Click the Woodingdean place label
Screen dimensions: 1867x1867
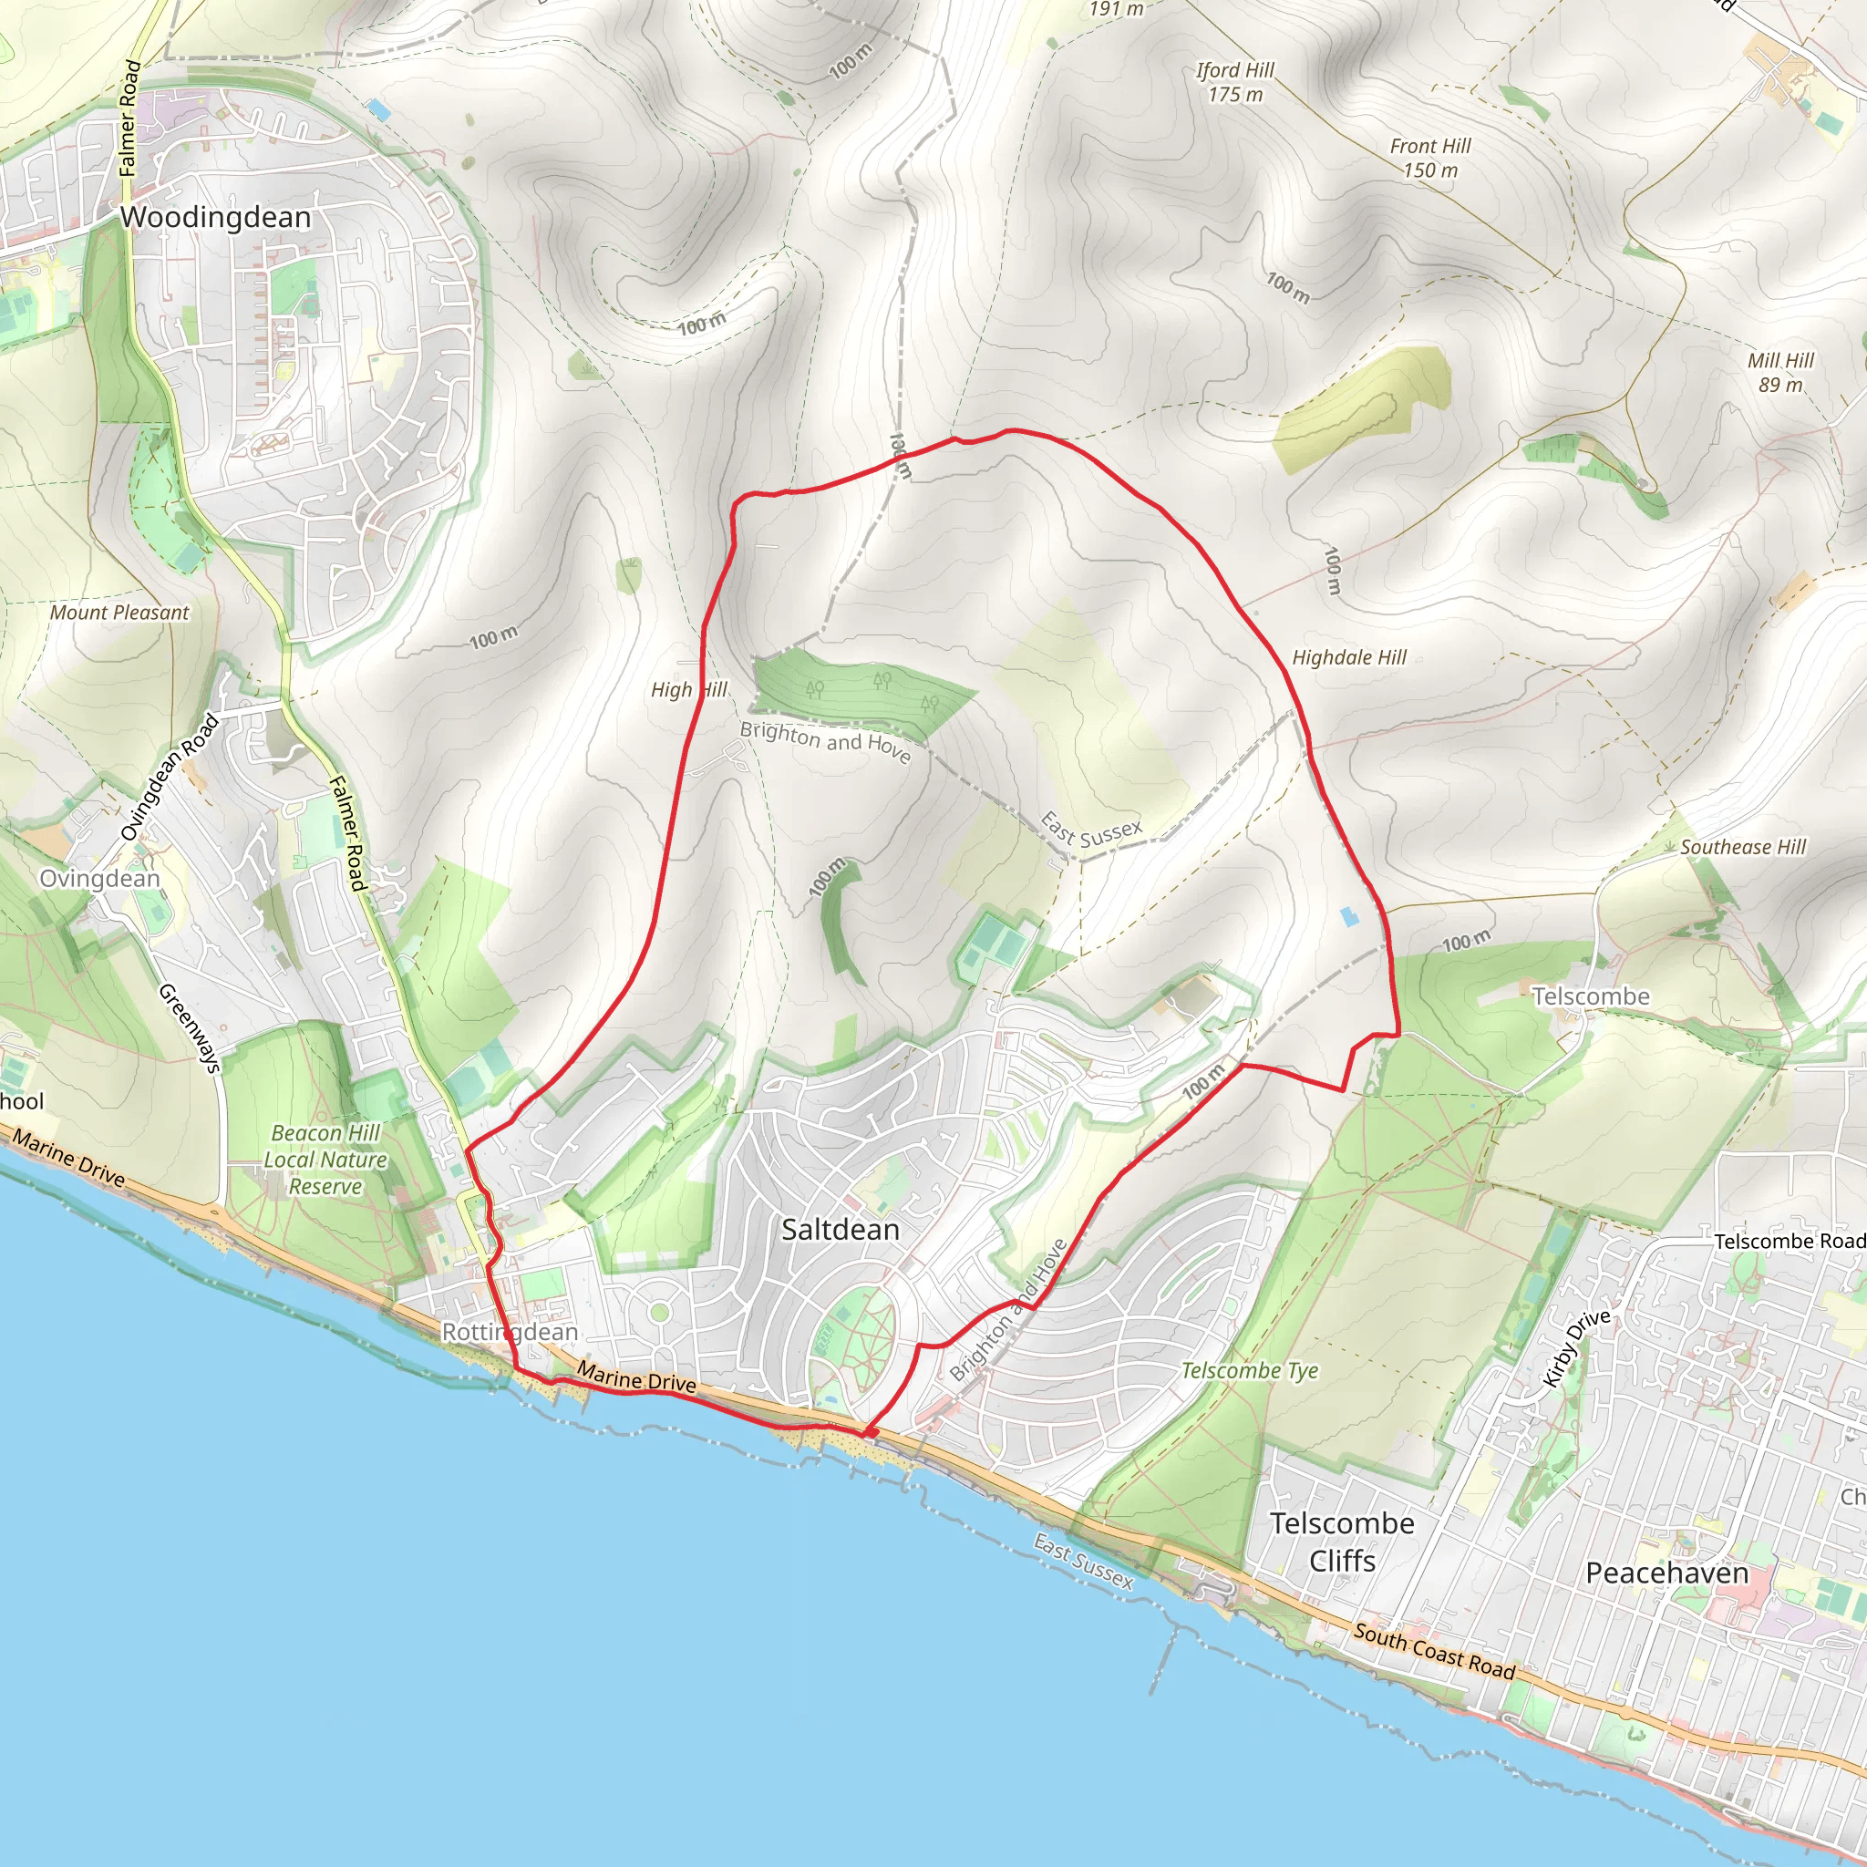[x=215, y=218]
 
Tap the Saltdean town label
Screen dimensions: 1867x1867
[x=840, y=1229]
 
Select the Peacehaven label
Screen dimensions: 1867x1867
[x=1667, y=1573]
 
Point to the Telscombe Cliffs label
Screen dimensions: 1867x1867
[x=1341, y=1542]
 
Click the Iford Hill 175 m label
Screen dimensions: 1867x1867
[x=1235, y=82]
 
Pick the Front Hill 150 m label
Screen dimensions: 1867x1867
[x=1430, y=158]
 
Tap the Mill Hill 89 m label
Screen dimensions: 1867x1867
[x=1780, y=372]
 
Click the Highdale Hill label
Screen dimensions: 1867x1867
[x=1349, y=657]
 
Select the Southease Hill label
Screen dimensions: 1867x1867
[x=1742, y=847]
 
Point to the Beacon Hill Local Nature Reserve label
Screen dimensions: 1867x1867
[x=325, y=1159]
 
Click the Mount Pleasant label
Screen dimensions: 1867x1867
[x=119, y=612]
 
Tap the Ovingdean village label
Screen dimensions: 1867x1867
[x=99, y=879]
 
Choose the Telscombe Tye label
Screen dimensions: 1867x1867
[x=1250, y=1370]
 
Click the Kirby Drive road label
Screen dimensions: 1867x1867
[x=1577, y=1348]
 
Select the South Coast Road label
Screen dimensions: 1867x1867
[x=1434, y=1651]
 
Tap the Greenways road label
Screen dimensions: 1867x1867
[x=190, y=1027]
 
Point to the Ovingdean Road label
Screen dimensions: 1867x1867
[x=170, y=778]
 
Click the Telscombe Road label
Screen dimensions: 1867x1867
[x=1789, y=1241]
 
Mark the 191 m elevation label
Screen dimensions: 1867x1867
[x=1116, y=9]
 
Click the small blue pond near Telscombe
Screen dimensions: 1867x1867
[x=1349, y=916]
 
